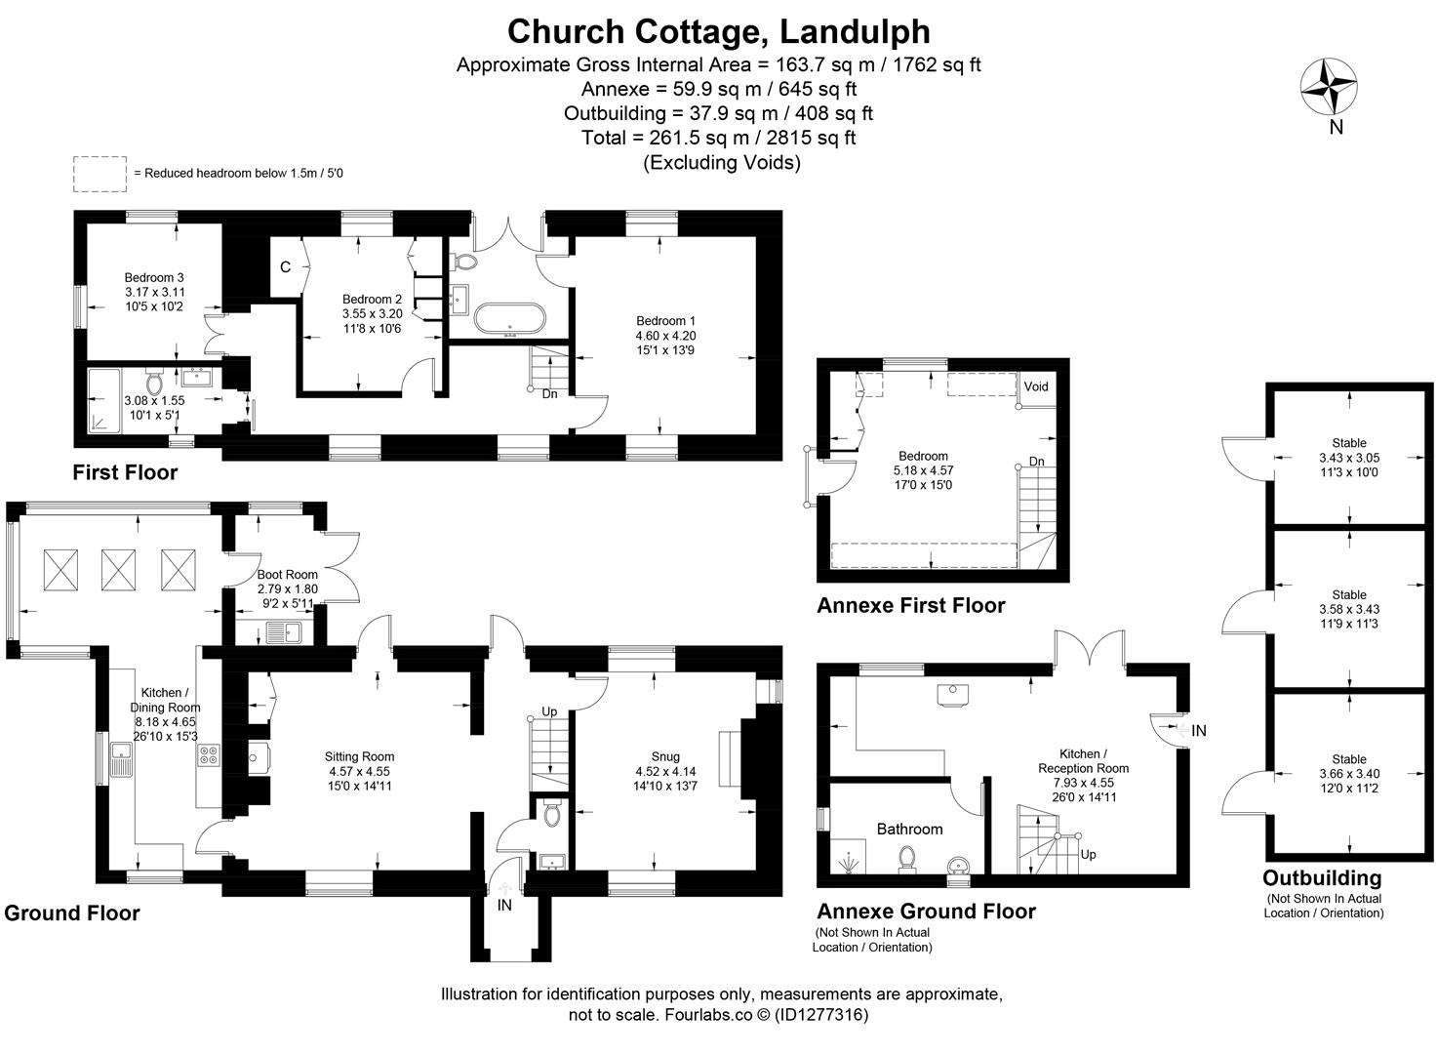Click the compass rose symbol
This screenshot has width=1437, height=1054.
(x=1329, y=87)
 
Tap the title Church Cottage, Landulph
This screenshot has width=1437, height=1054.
(x=718, y=31)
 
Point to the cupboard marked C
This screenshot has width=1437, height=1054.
(x=286, y=266)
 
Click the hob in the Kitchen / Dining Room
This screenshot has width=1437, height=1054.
(x=209, y=753)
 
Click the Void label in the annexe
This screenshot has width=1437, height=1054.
(x=1036, y=386)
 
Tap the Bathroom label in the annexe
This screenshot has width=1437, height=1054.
(x=909, y=830)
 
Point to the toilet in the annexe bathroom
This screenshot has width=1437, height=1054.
(x=907, y=859)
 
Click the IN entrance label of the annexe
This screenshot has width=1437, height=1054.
(x=1199, y=730)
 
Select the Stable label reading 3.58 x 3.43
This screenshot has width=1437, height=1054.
(x=1349, y=609)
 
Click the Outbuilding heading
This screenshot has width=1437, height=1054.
(x=1322, y=877)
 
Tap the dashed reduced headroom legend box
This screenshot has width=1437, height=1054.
(x=100, y=174)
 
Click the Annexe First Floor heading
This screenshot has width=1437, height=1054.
(x=910, y=606)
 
